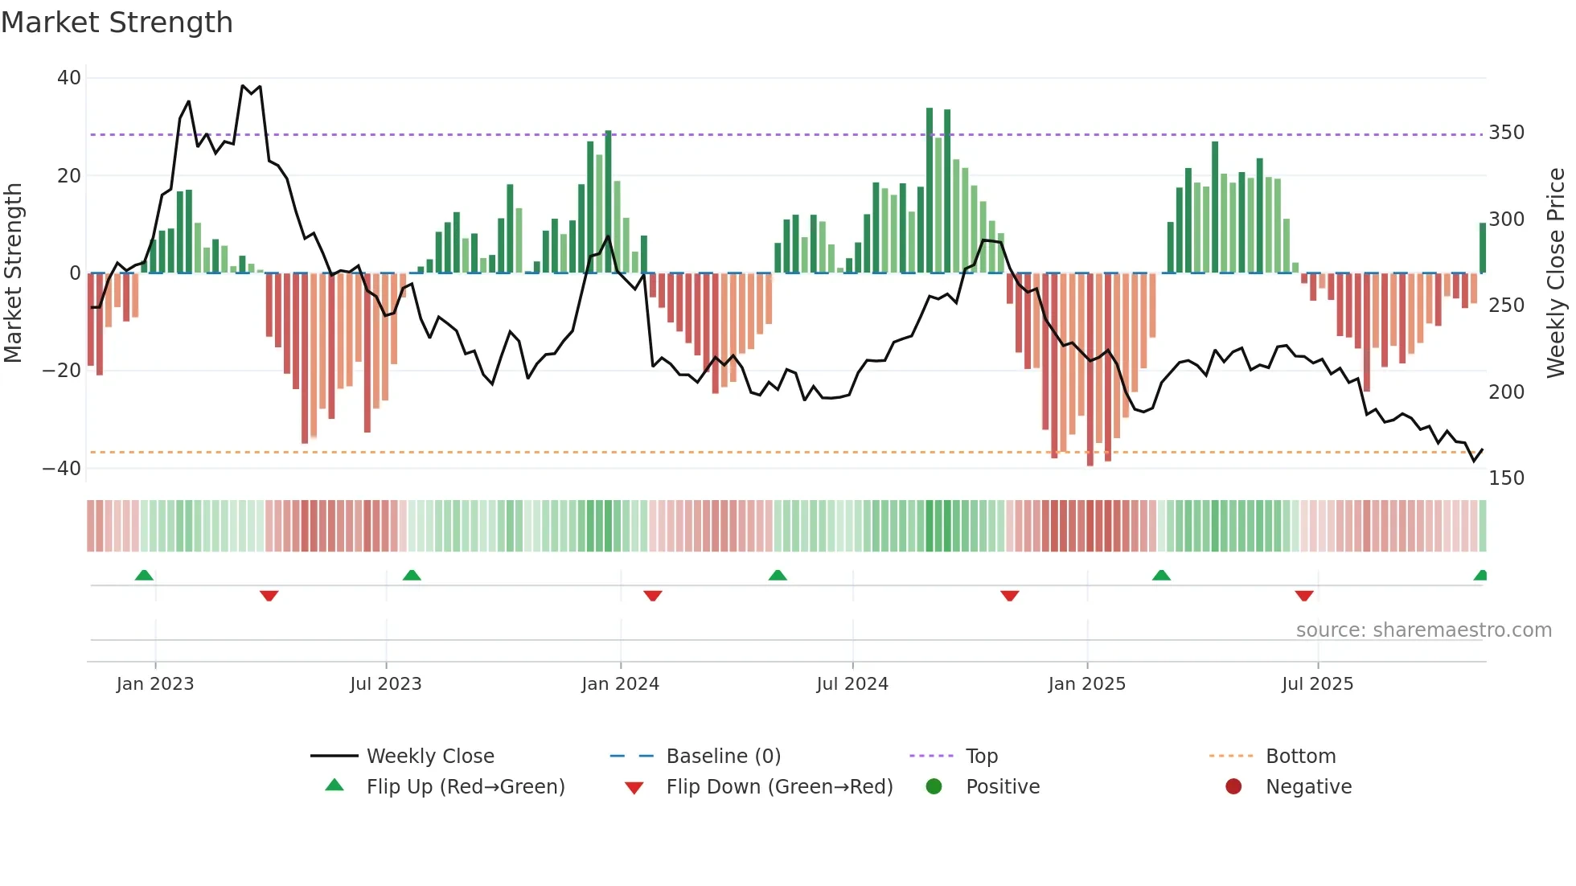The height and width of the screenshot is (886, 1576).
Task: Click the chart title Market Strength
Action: coord(117,23)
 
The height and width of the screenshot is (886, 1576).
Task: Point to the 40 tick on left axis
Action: coord(69,78)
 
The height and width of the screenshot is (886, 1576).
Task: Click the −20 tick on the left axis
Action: coord(62,371)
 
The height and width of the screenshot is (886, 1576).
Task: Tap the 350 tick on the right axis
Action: coord(1506,133)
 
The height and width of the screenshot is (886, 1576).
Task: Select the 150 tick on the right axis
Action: coord(1506,478)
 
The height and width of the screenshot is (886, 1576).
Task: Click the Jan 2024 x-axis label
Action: coord(620,684)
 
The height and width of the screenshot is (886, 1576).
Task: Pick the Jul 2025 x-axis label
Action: coord(1317,684)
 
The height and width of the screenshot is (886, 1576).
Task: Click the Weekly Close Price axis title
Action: coord(1556,273)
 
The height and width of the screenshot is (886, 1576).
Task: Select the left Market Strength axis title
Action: coord(13,273)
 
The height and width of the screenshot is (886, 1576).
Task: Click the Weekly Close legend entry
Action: coord(429,757)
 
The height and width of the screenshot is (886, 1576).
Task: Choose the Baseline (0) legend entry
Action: coord(723,757)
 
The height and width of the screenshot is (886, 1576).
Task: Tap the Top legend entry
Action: coord(981,757)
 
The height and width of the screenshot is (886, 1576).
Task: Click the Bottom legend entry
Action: coord(1300,757)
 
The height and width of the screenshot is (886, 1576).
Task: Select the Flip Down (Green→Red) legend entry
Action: coord(778,787)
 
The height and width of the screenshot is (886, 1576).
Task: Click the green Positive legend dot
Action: coord(934,786)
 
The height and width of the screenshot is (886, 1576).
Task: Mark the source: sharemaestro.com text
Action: coord(1423,630)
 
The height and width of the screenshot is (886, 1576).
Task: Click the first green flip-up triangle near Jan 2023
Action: coord(144,576)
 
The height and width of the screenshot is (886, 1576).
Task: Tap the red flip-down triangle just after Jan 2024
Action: coord(653,595)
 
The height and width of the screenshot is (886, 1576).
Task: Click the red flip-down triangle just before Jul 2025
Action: coord(1304,595)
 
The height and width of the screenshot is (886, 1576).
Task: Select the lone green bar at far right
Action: coord(1482,248)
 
